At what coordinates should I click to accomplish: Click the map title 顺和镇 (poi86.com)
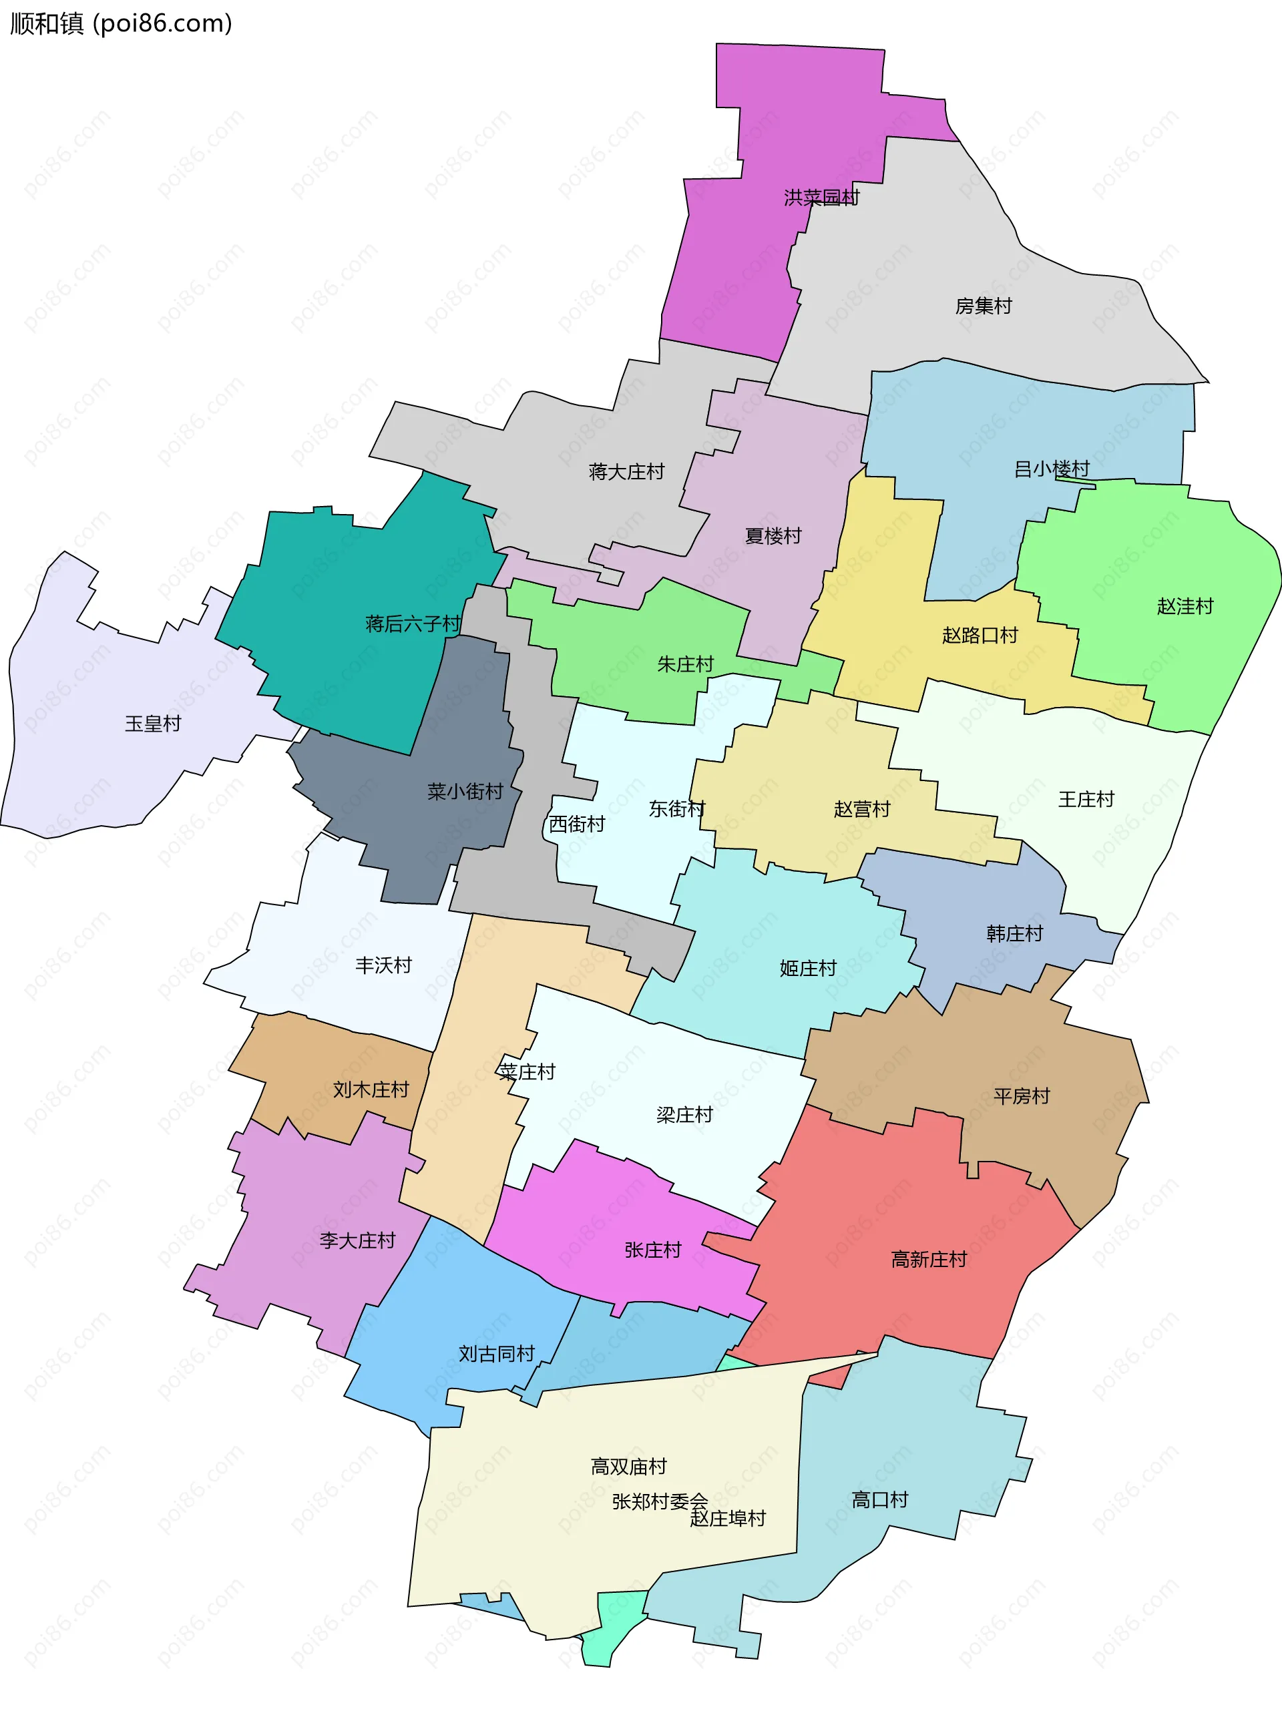122,24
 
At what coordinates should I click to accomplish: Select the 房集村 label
983,306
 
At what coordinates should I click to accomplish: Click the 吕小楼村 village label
1052,469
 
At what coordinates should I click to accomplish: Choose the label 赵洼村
1185,606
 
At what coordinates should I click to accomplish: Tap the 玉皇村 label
152,724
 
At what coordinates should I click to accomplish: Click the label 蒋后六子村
413,624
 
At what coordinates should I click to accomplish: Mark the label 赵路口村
980,636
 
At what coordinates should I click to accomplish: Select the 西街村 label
576,824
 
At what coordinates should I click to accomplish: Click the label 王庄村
1086,800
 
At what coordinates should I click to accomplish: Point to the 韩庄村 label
1014,934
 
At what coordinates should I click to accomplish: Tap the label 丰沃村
383,965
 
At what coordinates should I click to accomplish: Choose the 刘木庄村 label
371,1090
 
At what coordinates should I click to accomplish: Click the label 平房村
1022,1096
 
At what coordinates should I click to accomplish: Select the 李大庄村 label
357,1241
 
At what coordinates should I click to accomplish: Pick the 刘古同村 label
496,1355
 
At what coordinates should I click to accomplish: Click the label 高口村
879,1500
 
